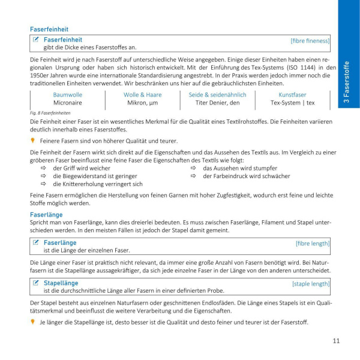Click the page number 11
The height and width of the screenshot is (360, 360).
click(x=336, y=341)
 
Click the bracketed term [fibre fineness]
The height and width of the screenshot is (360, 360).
click(x=310, y=40)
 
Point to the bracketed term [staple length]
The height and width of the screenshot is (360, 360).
click(x=311, y=283)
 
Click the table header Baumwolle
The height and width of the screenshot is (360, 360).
click(x=68, y=95)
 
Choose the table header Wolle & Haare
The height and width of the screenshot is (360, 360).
click(x=142, y=95)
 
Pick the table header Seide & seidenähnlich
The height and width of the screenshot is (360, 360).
click(x=217, y=95)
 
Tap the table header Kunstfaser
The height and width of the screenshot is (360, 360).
click(x=292, y=95)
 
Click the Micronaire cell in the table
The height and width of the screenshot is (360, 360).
click(x=68, y=103)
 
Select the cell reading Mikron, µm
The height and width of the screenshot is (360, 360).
click(x=142, y=103)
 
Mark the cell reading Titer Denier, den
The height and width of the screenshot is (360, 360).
click(x=217, y=103)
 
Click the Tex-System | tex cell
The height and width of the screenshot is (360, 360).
click(x=292, y=103)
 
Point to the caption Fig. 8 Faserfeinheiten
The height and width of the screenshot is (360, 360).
click(x=50, y=113)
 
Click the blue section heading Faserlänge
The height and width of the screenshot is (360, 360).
click(x=46, y=214)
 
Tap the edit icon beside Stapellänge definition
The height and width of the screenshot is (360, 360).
click(x=37, y=283)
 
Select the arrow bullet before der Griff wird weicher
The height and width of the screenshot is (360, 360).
click(x=44, y=169)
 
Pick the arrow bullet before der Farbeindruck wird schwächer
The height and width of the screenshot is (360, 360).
click(x=194, y=176)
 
